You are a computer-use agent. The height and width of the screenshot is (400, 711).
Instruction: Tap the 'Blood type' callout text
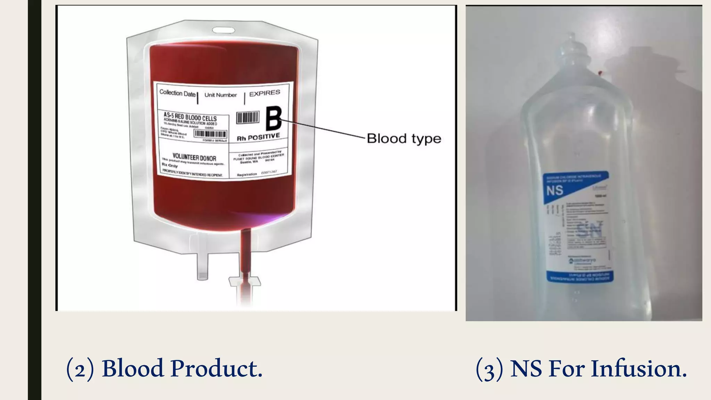[404, 139]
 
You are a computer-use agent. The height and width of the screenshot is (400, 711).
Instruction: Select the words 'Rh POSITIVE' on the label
[258, 137]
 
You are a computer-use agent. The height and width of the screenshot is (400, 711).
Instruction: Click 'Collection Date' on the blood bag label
[177, 93]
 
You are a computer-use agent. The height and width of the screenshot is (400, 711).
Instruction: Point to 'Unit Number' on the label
[220, 95]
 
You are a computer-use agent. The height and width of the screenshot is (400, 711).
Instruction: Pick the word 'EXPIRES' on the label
[265, 93]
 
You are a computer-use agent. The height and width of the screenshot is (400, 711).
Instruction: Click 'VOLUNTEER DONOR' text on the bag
[194, 158]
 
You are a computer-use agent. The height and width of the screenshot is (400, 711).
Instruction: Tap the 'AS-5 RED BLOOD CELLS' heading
[190, 117]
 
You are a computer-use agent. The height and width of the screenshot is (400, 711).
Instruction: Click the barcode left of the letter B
[248, 117]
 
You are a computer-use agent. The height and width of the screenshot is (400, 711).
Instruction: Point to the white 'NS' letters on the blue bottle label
[554, 191]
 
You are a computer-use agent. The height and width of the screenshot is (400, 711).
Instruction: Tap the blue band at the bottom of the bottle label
[580, 277]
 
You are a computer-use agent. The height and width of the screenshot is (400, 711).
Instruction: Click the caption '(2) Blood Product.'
[164, 368]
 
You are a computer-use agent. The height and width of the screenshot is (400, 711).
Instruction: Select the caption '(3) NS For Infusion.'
[581, 368]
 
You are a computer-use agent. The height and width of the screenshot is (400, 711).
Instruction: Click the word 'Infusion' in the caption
[638, 368]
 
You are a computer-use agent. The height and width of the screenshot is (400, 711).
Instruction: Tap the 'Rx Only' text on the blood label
[170, 166]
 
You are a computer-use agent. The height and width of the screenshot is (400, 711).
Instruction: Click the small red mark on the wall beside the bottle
[600, 73]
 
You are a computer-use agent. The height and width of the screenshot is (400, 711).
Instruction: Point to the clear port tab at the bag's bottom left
[202, 266]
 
